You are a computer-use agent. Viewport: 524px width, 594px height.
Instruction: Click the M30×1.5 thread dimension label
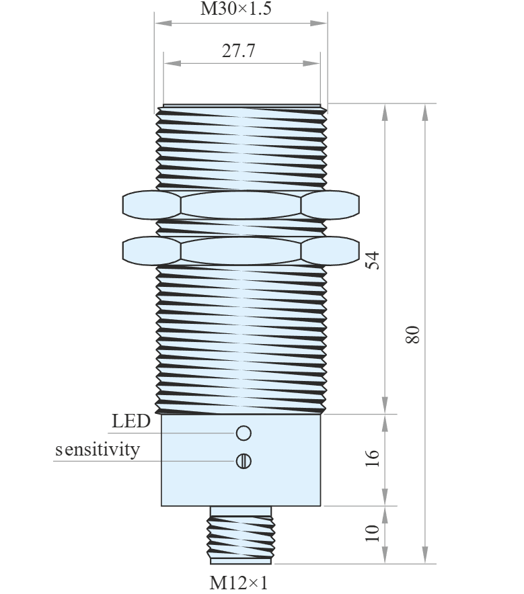point(236,8)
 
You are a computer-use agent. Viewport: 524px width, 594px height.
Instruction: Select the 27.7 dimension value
point(239,51)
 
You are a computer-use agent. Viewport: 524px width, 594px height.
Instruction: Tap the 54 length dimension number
point(373,260)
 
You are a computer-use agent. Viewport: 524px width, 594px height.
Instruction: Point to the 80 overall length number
point(413,334)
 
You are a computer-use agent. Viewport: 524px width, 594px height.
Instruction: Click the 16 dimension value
point(373,458)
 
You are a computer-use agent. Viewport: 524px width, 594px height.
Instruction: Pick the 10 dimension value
point(373,533)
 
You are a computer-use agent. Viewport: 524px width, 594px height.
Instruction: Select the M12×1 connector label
point(239,583)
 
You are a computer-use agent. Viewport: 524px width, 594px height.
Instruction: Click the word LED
point(131,421)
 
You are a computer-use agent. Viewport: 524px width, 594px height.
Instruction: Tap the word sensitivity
point(98,450)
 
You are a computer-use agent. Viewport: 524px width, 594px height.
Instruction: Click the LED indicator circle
point(244,433)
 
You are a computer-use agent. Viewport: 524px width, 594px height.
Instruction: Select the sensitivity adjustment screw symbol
point(244,461)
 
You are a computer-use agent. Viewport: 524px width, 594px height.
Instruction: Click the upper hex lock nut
point(241,205)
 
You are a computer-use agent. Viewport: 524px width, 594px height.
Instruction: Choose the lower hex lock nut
point(241,251)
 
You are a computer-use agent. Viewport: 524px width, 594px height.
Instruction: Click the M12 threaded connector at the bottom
point(241,535)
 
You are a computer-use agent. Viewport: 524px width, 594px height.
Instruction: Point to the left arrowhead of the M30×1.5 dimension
point(163,23)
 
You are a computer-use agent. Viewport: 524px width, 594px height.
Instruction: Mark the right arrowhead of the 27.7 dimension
point(311,63)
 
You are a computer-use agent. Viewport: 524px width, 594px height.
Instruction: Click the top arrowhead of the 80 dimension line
point(425,112)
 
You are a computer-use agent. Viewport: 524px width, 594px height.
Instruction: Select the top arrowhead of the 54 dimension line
point(385,112)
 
